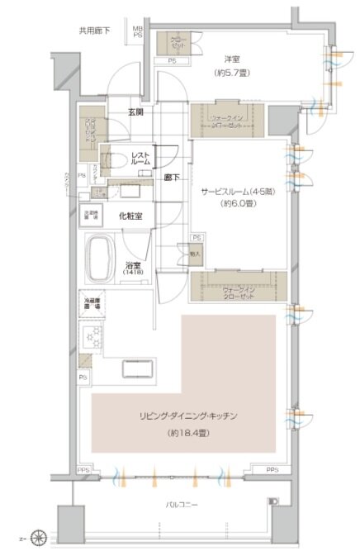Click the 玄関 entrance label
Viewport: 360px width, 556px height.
coord(137,111)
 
